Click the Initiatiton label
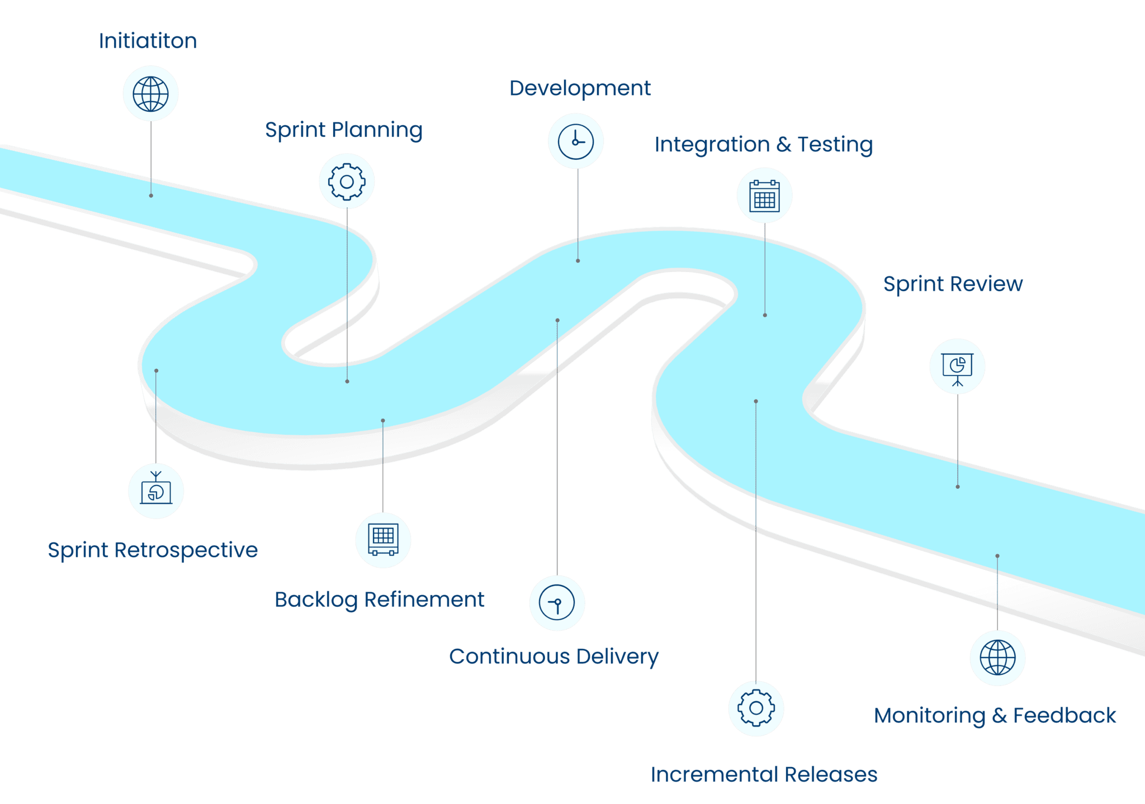tap(148, 41)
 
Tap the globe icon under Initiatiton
tap(150, 93)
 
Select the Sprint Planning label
tap(343, 130)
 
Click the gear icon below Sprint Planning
tap(347, 182)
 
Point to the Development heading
tap(580, 88)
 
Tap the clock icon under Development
tap(575, 141)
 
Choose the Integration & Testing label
tap(764, 144)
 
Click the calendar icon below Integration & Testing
tap(764, 196)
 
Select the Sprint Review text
tap(953, 284)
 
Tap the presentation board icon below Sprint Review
tap(957, 367)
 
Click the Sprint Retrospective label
tap(153, 550)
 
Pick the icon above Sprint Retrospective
tap(156, 491)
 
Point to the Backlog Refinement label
tap(379, 600)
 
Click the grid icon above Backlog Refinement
tap(383, 540)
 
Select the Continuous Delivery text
tap(553, 656)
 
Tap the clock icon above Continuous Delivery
tap(557, 603)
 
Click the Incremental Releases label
tap(764, 775)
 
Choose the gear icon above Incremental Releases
tap(756, 708)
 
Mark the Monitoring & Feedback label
tap(995, 716)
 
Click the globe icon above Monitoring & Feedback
tap(997, 658)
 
